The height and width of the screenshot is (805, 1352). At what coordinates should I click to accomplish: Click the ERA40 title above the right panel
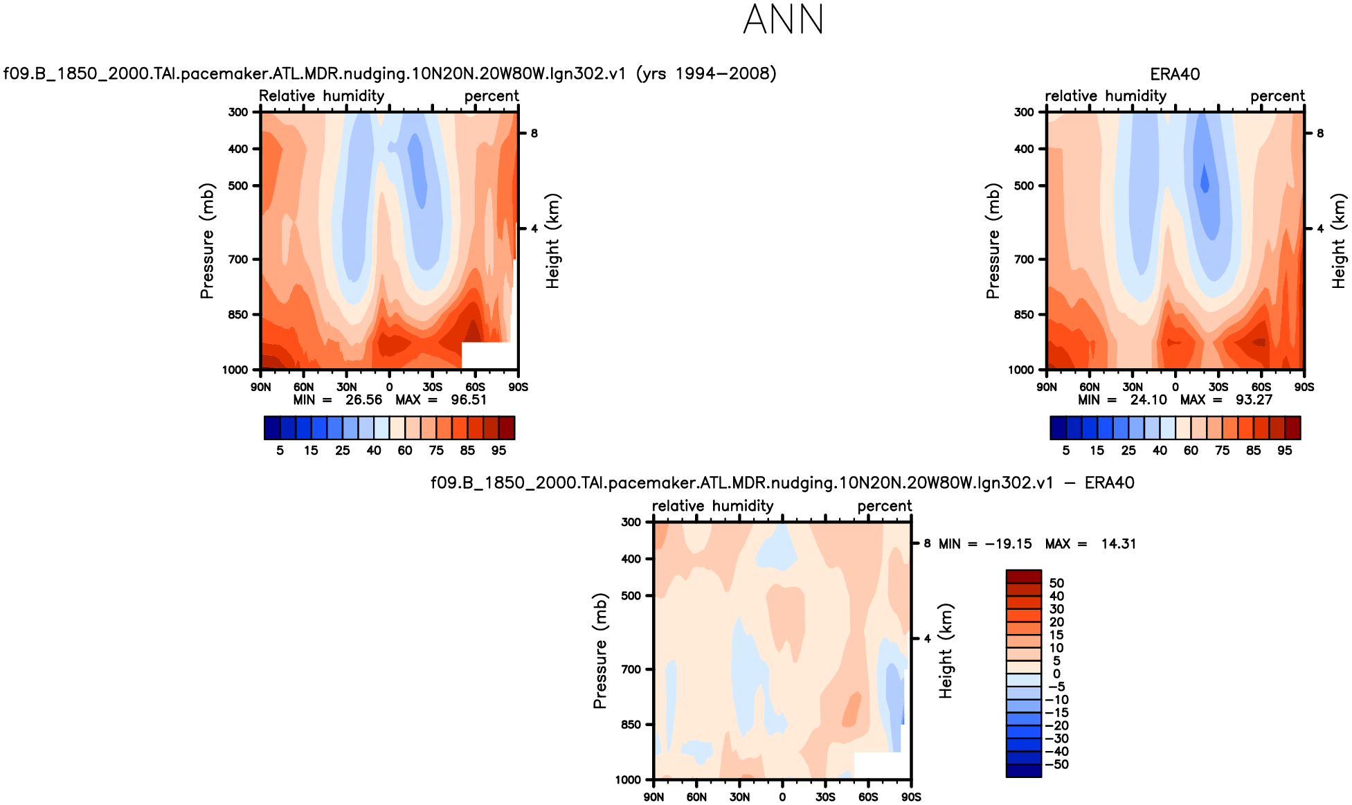point(1175,74)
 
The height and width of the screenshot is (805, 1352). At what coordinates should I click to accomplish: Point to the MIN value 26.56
point(363,400)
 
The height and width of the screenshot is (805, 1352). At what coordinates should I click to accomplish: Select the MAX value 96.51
point(469,400)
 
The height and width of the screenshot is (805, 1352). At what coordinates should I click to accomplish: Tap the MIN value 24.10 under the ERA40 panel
point(1148,400)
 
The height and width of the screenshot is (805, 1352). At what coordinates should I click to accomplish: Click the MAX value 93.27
point(1254,400)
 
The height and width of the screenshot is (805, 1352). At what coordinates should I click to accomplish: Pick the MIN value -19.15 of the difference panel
point(1009,544)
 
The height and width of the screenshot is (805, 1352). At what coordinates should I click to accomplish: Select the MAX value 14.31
point(1119,544)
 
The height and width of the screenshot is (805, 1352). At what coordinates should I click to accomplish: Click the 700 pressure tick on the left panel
point(238,260)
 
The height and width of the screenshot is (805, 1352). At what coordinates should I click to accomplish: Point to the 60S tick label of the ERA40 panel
point(1261,387)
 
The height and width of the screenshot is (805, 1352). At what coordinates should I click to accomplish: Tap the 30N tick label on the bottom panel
point(739,797)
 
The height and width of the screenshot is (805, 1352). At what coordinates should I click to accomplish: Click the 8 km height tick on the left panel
point(534,134)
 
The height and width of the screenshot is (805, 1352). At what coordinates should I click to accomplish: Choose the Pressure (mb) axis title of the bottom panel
point(600,651)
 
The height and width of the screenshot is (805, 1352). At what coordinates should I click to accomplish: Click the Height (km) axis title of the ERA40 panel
point(1339,241)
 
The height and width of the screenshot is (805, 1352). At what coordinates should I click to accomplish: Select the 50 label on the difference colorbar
point(1056,583)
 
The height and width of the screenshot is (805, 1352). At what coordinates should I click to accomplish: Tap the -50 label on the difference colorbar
point(1056,764)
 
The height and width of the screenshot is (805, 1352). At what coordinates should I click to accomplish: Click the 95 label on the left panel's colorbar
point(498,451)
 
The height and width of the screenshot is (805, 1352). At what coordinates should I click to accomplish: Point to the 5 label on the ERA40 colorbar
point(1066,451)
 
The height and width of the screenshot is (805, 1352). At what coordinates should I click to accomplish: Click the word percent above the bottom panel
point(884,506)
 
